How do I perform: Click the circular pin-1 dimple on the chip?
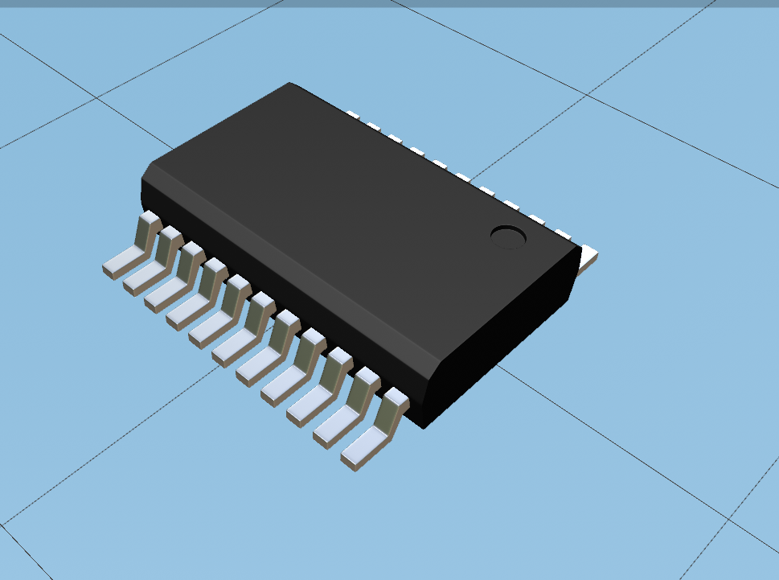coord(508,237)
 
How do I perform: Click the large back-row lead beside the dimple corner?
coord(589,257)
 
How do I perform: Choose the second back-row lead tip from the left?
coord(373,124)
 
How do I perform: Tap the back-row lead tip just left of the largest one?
coord(563,235)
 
